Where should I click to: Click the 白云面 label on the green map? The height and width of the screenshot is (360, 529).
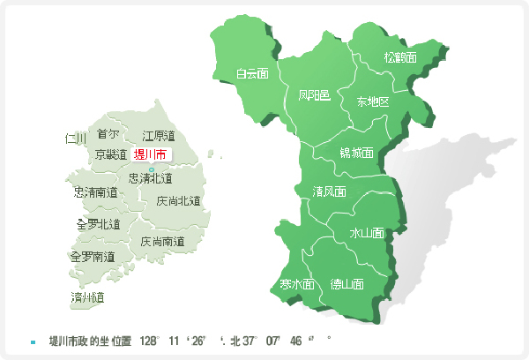pyautogui.click(x=252, y=74)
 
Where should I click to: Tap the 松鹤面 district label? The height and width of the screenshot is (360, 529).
pyautogui.click(x=399, y=57)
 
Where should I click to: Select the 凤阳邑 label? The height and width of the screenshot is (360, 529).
pyautogui.click(x=314, y=95)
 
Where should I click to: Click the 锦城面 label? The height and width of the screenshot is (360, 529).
pyautogui.click(x=356, y=153)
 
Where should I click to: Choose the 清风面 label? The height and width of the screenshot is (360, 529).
pyautogui.click(x=329, y=191)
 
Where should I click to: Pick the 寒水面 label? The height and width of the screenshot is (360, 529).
pyautogui.click(x=297, y=284)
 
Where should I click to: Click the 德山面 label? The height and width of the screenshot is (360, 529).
pyautogui.click(x=346, y=284)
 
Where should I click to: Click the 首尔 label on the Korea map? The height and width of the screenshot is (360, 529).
pyautogui.click(x=108, y=134)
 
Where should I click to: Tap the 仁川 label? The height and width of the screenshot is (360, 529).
pyautogui.click(x=76, y=139)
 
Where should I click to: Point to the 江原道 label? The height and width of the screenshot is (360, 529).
pyautogui.click(x=159, y=136)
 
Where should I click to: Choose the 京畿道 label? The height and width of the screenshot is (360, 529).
pyautogui.click(x=111, y=154)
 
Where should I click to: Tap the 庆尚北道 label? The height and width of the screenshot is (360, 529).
pyautogui.click(x=178, y=200)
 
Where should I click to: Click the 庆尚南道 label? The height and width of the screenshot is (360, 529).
pyautogui.click(x=162, y=241)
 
